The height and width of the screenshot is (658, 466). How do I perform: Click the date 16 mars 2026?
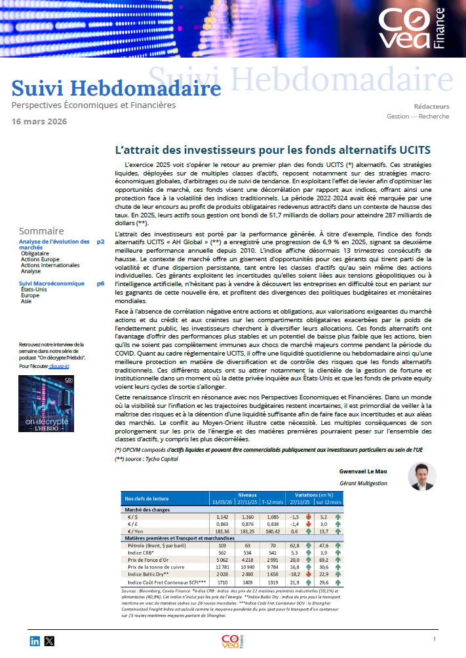tap(39, 121)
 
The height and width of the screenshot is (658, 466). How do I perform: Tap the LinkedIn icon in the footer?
tap(35, 641)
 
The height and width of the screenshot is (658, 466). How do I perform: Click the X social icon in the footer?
tap(49, 641)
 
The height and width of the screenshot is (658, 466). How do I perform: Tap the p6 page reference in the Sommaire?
tap(100, 283)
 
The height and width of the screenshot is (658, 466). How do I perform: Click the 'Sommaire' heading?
tap(41, 231)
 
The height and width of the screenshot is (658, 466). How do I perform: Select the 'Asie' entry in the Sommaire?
tap(26, 301)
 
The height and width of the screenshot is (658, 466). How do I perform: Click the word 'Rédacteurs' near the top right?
tap(431, 106)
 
